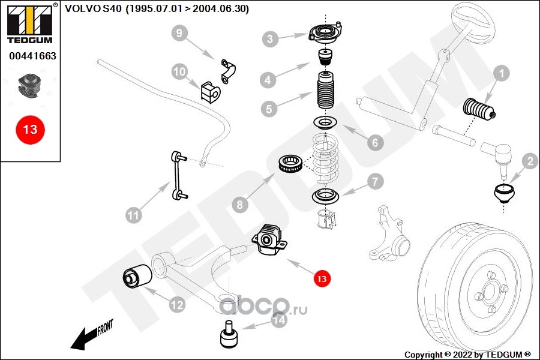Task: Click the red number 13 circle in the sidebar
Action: (x=30, y=130)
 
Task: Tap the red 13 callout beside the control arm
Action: (x=322, y=278)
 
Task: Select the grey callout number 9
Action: (x=179, y=33)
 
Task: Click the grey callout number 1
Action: (x=501, y=73)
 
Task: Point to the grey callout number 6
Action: (x=375, y=142)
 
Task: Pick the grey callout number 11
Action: (x=134, y=215)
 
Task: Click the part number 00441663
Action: (x=32, y=56)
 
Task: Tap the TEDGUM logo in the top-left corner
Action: (x=30, y=23)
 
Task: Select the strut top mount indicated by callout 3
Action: (x=325, y=34)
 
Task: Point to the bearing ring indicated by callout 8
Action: (x=290, y=164)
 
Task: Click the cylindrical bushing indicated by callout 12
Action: (x=137, y=275)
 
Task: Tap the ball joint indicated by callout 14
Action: (x=229, y=335)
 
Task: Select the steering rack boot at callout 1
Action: (x=479, y=109)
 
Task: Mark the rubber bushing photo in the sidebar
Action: (x=30, y=85)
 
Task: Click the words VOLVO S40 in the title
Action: (x=93, y=8)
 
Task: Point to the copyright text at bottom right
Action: (x=467, y=355)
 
